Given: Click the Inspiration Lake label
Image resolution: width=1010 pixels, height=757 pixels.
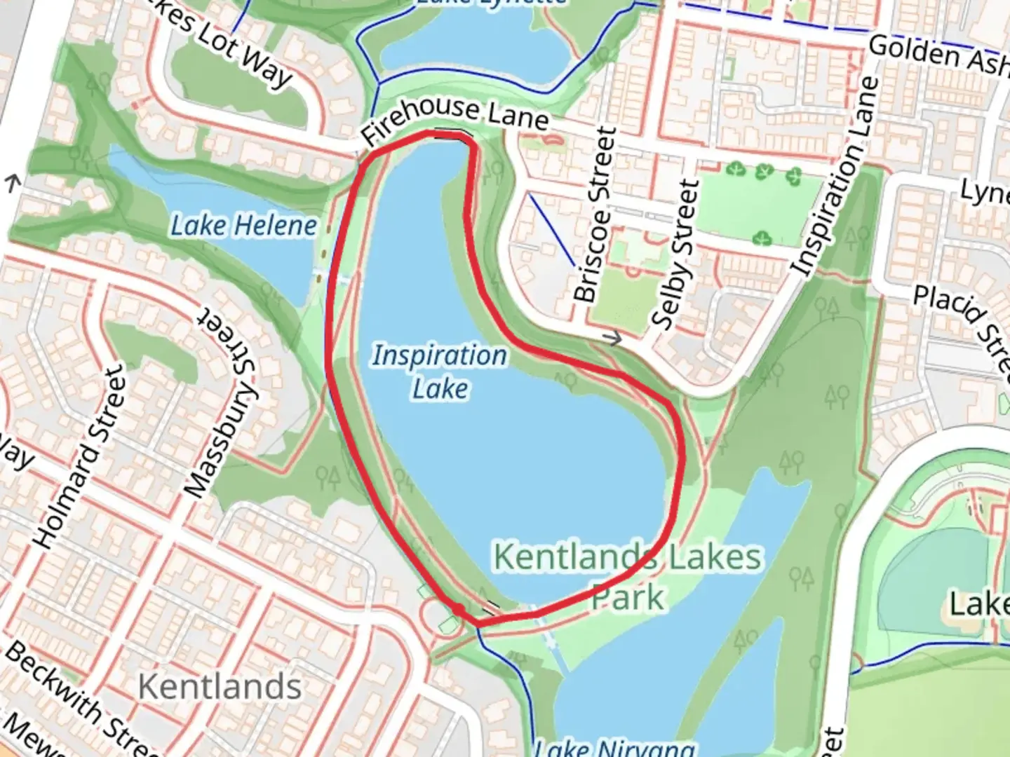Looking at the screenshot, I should [440, 371].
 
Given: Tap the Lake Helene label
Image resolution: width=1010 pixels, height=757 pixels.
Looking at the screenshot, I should [243, 226].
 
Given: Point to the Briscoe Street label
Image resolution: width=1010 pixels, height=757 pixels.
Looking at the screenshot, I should [595, 214].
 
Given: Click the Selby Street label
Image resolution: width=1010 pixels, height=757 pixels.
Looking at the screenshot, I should [676, 254].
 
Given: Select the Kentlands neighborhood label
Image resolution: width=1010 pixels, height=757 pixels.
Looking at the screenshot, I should [220, 686].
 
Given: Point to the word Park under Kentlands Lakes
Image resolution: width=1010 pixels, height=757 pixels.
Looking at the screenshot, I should [628, 597].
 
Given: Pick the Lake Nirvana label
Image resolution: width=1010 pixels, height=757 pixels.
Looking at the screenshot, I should [614, 747].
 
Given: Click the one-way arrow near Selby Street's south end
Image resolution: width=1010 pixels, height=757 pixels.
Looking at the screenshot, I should [614, 339].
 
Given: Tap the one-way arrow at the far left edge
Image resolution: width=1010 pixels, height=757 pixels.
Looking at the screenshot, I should [12, 184].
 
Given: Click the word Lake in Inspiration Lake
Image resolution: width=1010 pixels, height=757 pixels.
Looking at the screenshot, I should [440, 388].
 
